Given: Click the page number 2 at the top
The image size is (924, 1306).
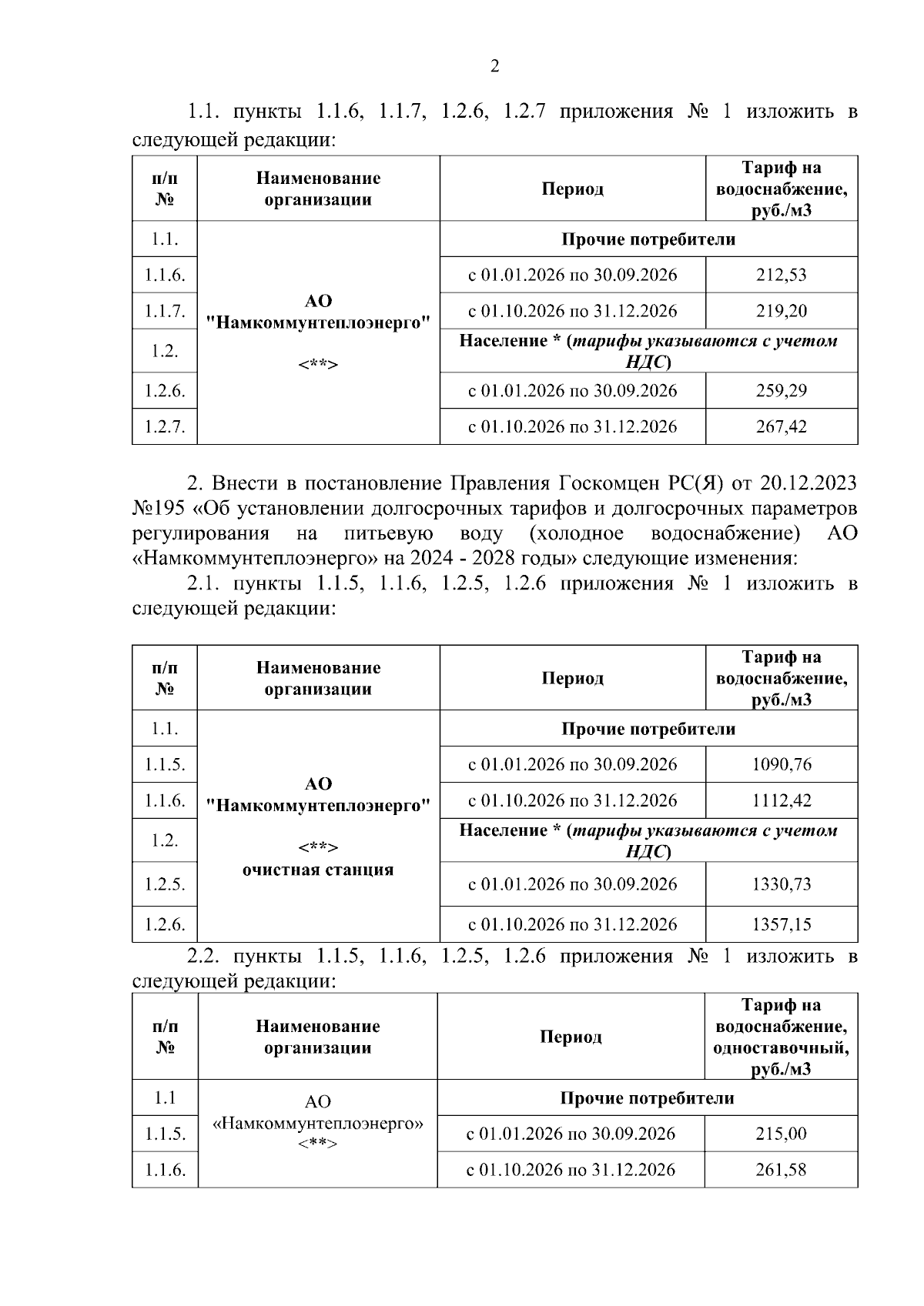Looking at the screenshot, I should click(x=495, y=66).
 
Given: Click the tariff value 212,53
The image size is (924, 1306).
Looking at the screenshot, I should click(x=781, y=275).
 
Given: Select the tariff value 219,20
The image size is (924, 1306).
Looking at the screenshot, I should click(x=781, y=311).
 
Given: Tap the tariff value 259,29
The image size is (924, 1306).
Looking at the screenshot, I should click(x=781, y=390).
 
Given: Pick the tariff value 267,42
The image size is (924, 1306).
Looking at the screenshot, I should click(x=781, y=426).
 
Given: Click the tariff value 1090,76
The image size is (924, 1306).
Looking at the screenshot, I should click(x=781, y=764).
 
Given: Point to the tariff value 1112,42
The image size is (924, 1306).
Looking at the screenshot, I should click(x=781, y=800).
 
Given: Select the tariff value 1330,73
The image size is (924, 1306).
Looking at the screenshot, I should click(x=781, y=884).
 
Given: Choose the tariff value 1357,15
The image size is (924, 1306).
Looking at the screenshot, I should click(x=781, y=924).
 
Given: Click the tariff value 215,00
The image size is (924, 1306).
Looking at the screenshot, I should click(x=781, y=1134).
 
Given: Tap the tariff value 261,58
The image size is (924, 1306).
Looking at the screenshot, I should click(x=781, y=1170).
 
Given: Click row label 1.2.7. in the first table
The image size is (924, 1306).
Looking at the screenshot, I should click(x=165, y=426).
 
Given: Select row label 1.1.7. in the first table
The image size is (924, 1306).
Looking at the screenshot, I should click(x=165, y=311).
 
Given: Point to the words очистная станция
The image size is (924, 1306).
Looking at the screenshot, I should click(x=318, y=870).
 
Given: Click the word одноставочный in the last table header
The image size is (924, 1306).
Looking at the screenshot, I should click(x=781, y=1048).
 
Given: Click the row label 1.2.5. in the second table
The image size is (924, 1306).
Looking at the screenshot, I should click(x=165, y=884).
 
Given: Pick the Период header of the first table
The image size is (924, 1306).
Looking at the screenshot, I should click(x=572, y=189).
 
